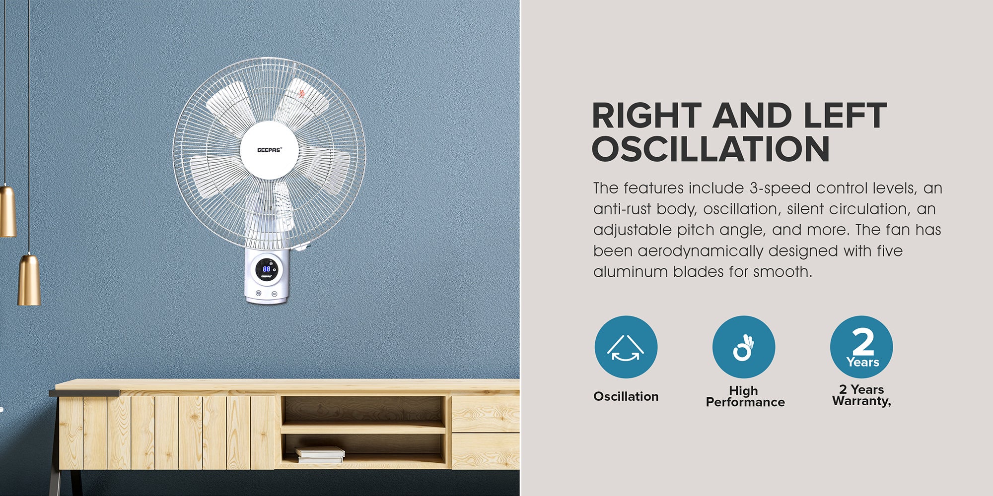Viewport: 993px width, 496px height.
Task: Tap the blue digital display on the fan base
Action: [267, 268]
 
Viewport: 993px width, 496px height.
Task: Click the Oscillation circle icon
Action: [626, 347]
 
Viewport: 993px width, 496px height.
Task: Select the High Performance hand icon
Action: [743, 347]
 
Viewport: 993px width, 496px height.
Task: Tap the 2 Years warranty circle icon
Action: [861, 347]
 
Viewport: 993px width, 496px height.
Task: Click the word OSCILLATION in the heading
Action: [710, 149]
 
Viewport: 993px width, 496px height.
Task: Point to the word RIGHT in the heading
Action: [646, 116]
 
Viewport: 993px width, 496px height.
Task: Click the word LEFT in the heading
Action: [845, 116]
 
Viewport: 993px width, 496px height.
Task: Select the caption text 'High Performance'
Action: [745, 396]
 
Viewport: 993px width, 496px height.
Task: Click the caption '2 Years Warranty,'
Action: [861, 395]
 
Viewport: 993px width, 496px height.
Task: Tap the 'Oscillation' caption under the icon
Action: [626, 396]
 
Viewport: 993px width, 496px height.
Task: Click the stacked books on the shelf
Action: [320, 454]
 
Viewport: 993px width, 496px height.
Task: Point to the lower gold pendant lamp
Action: [29, 280]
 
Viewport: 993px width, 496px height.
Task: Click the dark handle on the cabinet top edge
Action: [84, 393]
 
